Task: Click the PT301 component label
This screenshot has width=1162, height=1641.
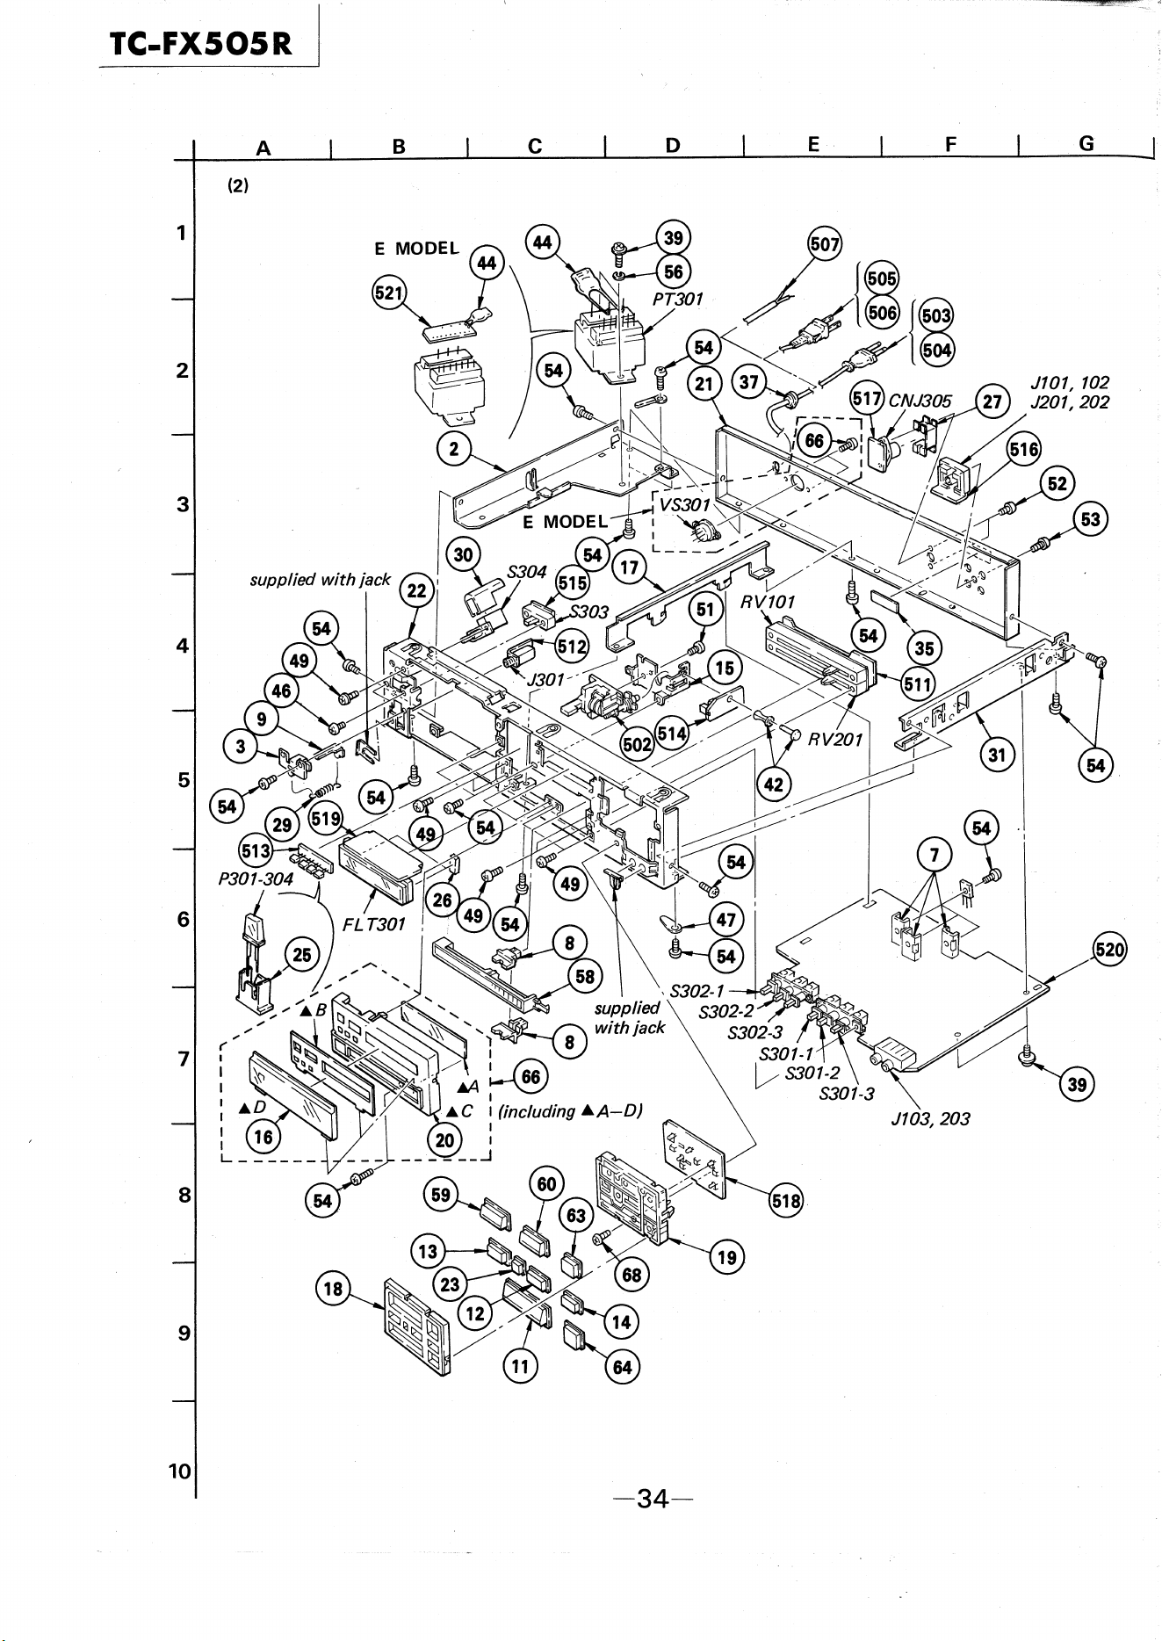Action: pos(678,299)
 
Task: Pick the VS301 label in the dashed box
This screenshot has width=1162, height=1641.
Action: pos(685,505)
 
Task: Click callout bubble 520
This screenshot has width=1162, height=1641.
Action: pos(1109,951)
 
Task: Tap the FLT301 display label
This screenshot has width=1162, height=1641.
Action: pos(373,924)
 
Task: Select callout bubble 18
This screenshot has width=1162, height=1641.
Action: pos(333,1290)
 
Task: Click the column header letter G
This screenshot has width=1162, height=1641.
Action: pos(1086,143)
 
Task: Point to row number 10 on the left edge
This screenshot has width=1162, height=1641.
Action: pos(179,1471)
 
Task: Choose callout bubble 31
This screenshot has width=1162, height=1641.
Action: pos(997,755)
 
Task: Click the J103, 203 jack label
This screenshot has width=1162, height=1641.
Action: pos(930,1119)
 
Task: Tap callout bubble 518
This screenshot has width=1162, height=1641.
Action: pos(785,1201)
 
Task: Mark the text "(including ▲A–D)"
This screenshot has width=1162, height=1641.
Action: pos(571,1111)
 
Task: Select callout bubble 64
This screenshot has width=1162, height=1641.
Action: pos(622,1367)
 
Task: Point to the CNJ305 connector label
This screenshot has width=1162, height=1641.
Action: pos(920,401)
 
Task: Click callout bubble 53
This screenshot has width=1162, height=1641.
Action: pos(1090,519)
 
